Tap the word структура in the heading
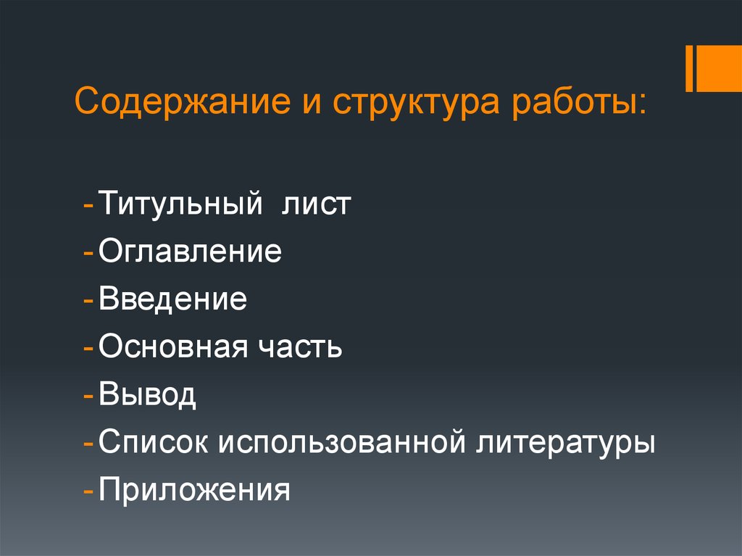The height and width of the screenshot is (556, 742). pyautogui.click(x=410, y=104)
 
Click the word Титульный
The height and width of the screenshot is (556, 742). pyautogui.click(x=180, y=205)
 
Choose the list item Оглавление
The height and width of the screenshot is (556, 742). pyautogui.click(x=191, y=253)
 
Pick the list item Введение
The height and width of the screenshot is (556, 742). pyautogui.click(x=173, y=300)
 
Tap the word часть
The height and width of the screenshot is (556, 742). pyautogui.click(x=299, y=348)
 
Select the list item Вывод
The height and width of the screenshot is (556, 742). pyautogui.click(x=148, y=396)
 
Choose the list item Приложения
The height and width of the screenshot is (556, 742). pyautogui.click(x=195, y=491)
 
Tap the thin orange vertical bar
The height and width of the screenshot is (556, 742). pyautogui.click(x=690, y=69)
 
